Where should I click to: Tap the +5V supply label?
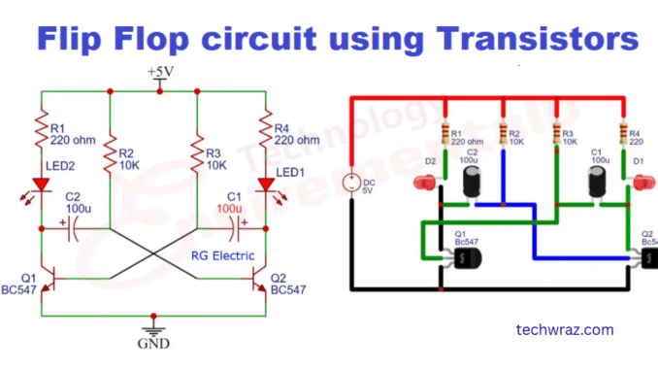coord(160,73)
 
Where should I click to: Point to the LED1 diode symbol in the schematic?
coord(262,181)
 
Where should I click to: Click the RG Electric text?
coord(222,256)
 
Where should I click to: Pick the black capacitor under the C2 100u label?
coord(474,182)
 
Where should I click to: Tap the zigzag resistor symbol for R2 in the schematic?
coord(109,152)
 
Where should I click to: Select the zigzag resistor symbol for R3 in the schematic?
coord(197,152)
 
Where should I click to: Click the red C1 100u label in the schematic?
coord(230,202)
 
